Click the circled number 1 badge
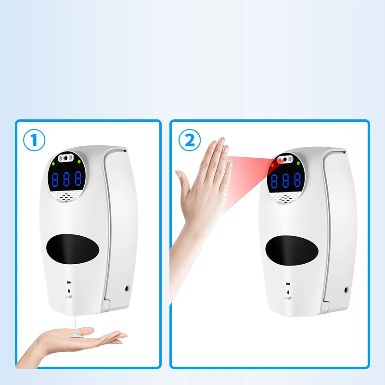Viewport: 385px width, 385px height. pyautogui.click(x=34, y=140)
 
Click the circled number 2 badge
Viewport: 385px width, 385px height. pyautogui.click(x=189, y=140)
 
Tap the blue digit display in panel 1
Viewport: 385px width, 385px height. pyautogui.click(x=66, y=179)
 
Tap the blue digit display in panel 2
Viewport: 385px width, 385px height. pyautogui.click(x=285, y=180)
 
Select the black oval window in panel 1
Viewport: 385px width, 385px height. pyautogui.click(x=73, y=249)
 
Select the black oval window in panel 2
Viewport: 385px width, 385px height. pyautogui.click(x=292, y=251)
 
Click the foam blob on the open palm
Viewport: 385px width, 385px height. pyautogui.click(x=77, y=335)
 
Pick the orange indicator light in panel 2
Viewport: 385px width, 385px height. pyautogui.click(x=273, y=165)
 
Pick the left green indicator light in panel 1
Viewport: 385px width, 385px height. pyautogui.click(x=53, y=164)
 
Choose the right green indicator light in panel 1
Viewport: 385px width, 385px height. pyautogui.click(x=79, y=162)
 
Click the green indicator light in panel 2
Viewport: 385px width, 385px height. pyautogui.click(x=298, y=163)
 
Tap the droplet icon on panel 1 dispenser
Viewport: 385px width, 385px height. pyautogui.click(x=69, y=291)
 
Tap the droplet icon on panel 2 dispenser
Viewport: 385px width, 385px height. pyautogui.click(x=288, y=292)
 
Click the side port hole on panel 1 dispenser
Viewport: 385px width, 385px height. pyautogui.click(x=127, y=288)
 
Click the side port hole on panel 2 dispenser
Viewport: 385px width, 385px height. pyautogui.click(x=346, y=290)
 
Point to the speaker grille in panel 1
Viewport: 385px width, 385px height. pyautogui.click(x=66, y=196)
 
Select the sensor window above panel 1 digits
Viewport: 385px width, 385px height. pyautogui.click(x=66, y=158)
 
